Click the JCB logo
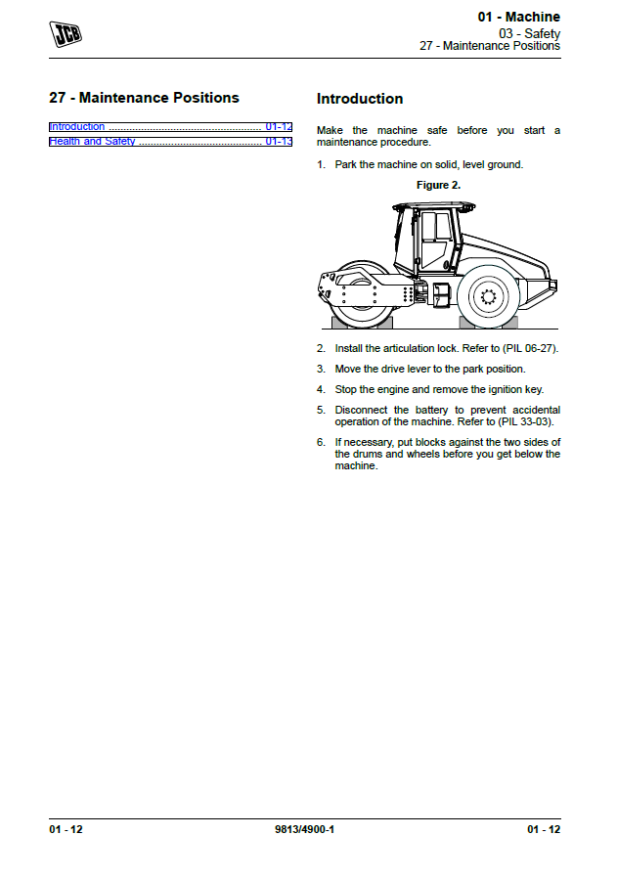[66, 35]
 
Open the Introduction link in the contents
[77, 127]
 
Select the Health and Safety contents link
[93, 142]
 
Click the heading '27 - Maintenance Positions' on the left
[144, 98]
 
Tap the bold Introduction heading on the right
[360, 99]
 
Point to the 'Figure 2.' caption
[438, 185]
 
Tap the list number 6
[320, 442]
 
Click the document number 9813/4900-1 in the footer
[305, 830]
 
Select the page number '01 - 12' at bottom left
[66, 830]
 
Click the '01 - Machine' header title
[518, 17]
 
